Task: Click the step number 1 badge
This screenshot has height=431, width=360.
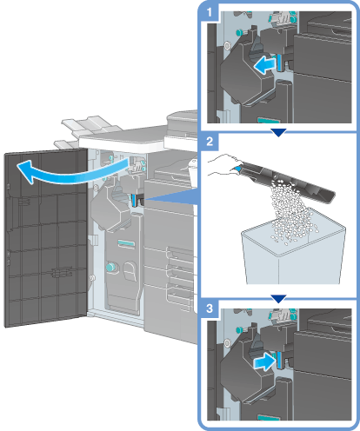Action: click(x=210, y=12)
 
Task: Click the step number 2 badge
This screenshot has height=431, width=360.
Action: click(x=210, y=142)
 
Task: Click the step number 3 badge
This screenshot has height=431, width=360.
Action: click(x=210, y=308)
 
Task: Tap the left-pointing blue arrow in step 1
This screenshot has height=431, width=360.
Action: click(x=264, y=65)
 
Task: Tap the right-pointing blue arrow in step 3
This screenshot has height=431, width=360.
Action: click(x=263, y=362)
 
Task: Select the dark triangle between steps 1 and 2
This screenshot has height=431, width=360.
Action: click(x=278, y=133)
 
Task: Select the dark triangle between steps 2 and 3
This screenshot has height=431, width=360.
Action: click(x=278, y=299)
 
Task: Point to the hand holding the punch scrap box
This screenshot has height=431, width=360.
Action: click(x=223, y=164)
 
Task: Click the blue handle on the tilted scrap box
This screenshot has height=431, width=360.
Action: click(x=237, y=169)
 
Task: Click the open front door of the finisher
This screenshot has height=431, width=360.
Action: click(x=46, y=237)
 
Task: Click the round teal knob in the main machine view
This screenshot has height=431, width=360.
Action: click(x=110, y=267)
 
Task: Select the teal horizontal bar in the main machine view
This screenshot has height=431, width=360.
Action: click(x=126, y=243)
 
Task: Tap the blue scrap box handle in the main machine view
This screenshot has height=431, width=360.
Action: click(x=133, y=200)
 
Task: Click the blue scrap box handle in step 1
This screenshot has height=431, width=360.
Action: click(x=279, y=63)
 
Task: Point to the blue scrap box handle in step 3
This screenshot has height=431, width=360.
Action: click(x=279, y=360)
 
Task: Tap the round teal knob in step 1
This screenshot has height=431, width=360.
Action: click(x=240, y=33)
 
